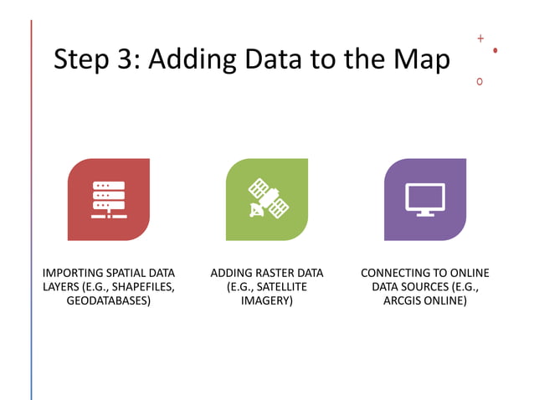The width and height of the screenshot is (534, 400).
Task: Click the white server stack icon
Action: point(109,199)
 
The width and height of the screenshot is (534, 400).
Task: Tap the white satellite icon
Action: point(266,199)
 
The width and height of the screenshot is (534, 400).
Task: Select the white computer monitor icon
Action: point(424,199)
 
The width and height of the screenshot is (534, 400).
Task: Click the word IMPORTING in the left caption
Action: point(73,274)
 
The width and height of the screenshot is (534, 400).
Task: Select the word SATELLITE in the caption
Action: point(282,287)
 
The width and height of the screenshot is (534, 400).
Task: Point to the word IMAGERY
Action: point(266,300)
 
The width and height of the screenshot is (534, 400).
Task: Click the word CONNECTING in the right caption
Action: point(396,274)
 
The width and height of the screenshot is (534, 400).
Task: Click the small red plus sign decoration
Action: point(480,38)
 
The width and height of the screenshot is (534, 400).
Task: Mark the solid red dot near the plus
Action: point(495,50)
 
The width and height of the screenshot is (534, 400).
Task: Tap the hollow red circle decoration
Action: point(480,81)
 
